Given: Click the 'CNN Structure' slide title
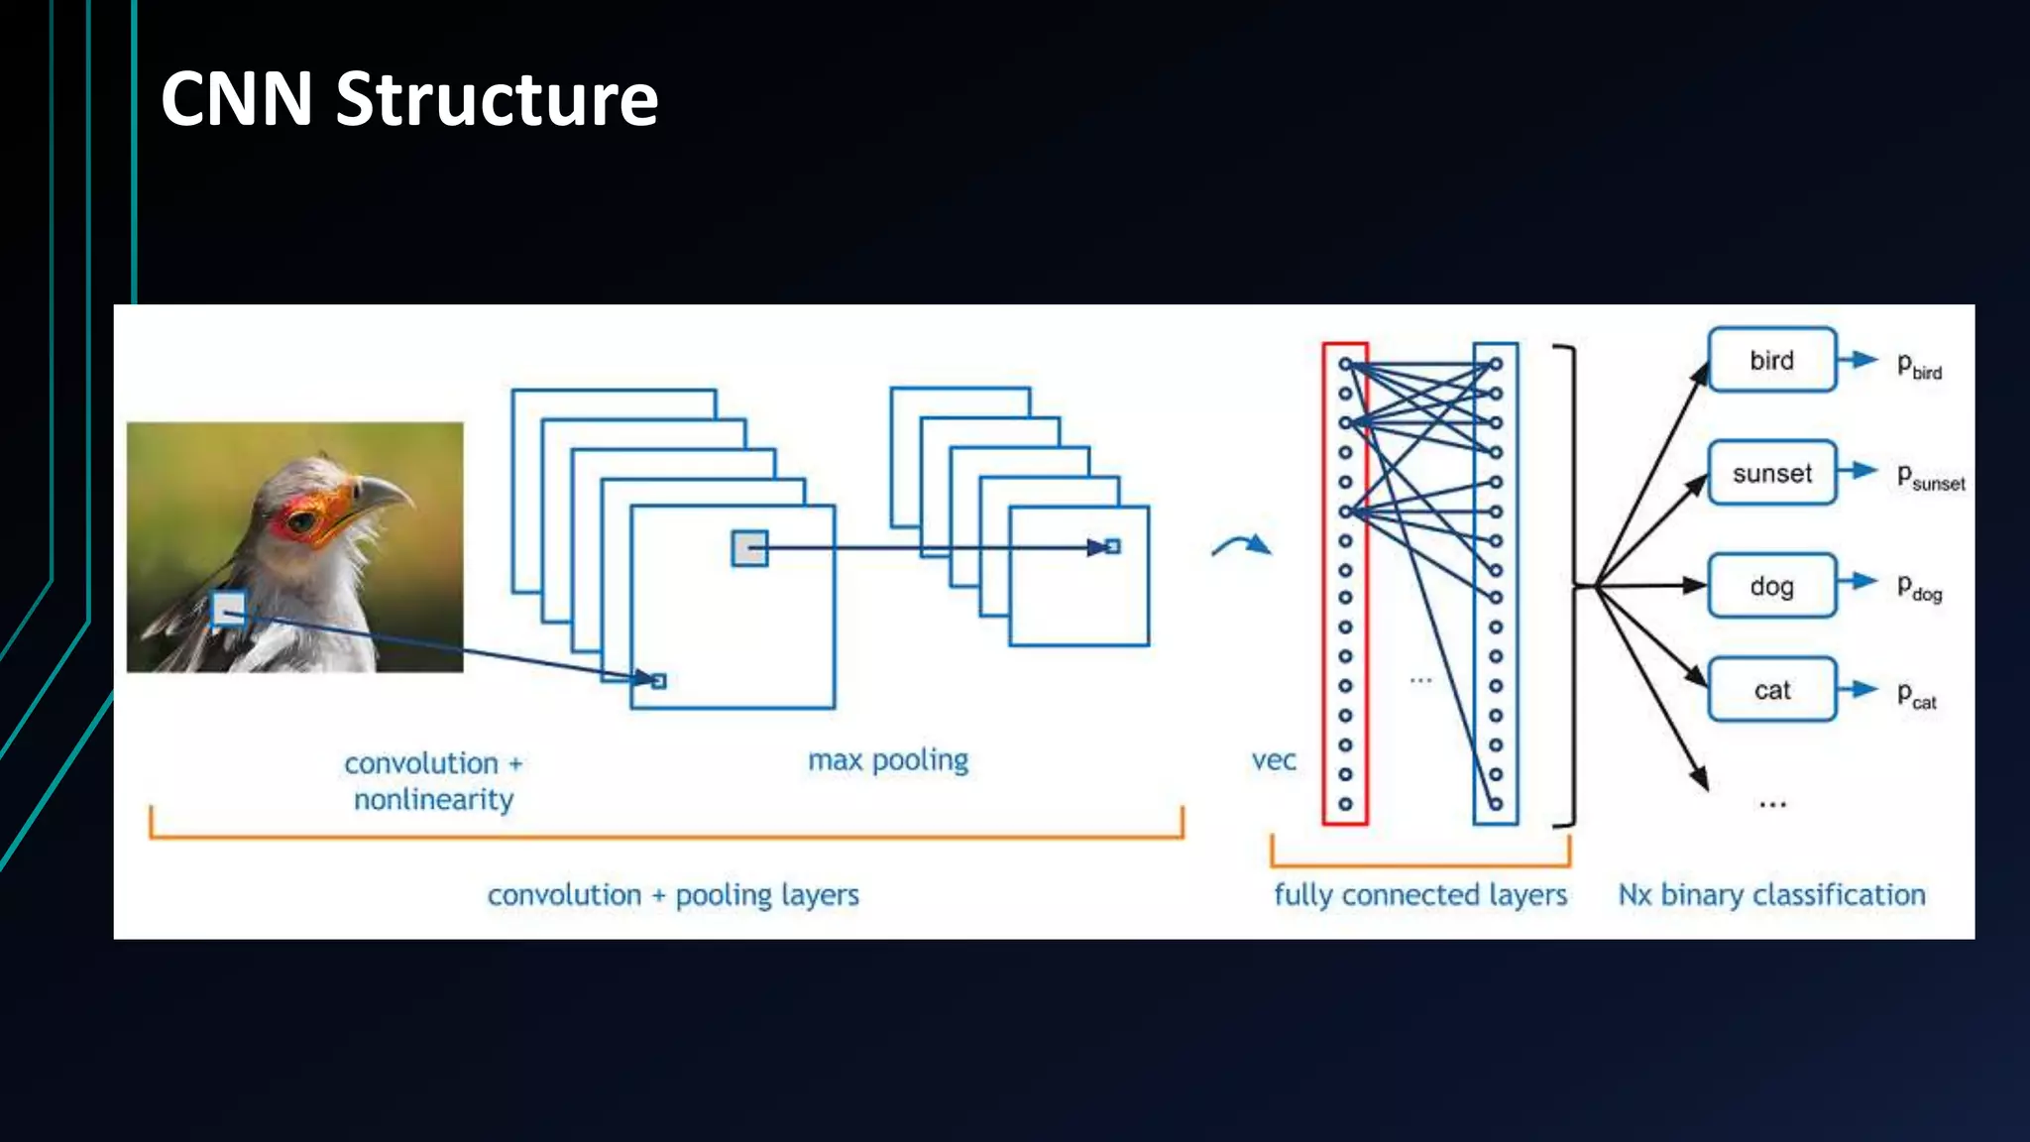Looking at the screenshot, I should pyautogui.click(x=408, y=99).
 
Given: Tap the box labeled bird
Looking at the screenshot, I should pyautogui.click(x=1771, y=360).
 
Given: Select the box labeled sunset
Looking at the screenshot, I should pyautogui.click(x=1771, y=473).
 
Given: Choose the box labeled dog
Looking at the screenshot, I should pyautogui.click(x=1771, y=586).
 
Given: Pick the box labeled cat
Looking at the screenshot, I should pyautogui.click(x=1771, y=690).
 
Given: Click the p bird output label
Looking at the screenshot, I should pyautogui.click(x=1919, y=366).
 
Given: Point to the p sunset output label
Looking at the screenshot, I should pyautogui.click(x=1929, y=477).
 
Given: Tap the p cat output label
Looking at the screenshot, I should pyautogui.click(x=1916, y=695).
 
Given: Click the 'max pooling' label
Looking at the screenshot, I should pyautogui.click(x=888, y=760).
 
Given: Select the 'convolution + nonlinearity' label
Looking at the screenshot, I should pyautogui.click(x=433, y=781).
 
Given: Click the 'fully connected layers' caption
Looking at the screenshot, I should pyautogui.click(x=1419, y=895).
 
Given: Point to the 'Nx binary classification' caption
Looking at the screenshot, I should pyautogui.click(x=1771, y=895).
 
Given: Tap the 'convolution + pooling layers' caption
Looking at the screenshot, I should pyautogui.click(x=672, y=895).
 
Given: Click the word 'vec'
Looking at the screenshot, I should pyautogui.click(x=1274, y=761).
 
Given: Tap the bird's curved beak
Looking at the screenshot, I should pyautogui.click(x=387, y=491).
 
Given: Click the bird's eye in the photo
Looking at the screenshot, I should pyautogui.click(x=302, y=518).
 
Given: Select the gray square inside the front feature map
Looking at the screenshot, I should pyautogui.click(x=749, y=548).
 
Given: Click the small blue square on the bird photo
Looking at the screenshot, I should pyautogui.click(x=229, y=609).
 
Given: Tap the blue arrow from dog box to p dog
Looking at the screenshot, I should pyautogui.click(x=1858, y=582).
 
